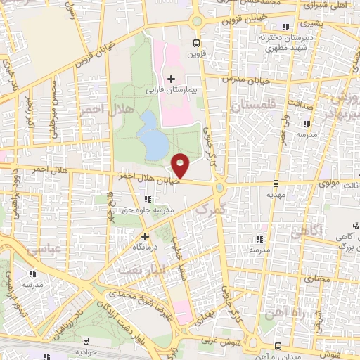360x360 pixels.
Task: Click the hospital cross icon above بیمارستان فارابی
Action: coord(172,77)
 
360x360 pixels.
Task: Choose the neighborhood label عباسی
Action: coord(40,249)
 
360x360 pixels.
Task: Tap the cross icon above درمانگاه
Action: coord(145,237)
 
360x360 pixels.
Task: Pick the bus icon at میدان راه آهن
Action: coord(279,345)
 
